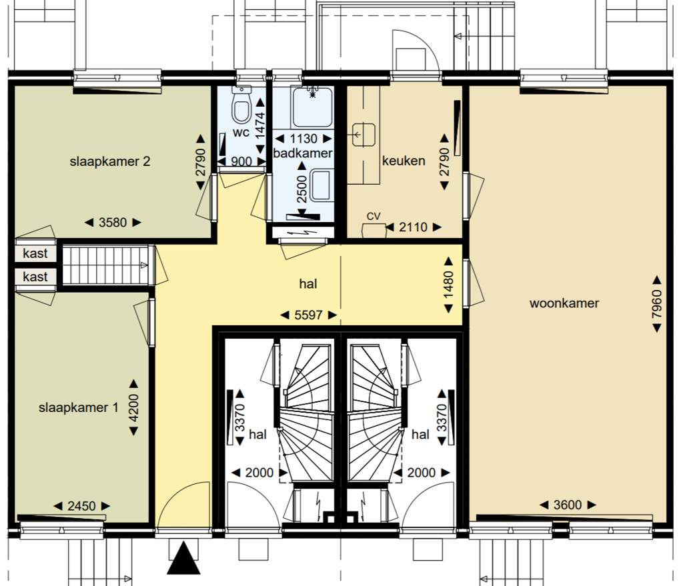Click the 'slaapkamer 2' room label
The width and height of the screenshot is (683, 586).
pos(110,161)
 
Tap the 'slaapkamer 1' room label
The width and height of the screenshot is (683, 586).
pos(79,408)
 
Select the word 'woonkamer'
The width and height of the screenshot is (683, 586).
pos(564,303)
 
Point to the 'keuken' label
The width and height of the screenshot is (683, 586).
pos(404,161)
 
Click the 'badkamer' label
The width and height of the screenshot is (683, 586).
pos(303,153)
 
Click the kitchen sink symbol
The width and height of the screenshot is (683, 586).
pos(364,135)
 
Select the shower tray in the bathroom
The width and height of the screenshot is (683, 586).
pos(312,107)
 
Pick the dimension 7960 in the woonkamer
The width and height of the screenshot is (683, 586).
pos(657,304)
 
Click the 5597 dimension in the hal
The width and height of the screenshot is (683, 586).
pos(308,315)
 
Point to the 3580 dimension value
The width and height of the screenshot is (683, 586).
pos(113,223)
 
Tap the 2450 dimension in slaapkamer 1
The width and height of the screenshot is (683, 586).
pos(81,506)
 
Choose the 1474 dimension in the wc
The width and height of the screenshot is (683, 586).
pos(260,126)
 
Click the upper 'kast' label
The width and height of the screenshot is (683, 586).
pos(35,253)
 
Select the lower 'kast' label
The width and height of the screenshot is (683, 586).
pos(35,277)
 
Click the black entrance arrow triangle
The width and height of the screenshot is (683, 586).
pos(183,558)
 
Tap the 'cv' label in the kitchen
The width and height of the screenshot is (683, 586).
pos(374,216)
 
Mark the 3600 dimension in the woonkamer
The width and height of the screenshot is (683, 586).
pos(568,505)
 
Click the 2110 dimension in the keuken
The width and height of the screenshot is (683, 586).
pos(413,227)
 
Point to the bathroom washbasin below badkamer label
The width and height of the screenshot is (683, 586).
pos(321,185)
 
